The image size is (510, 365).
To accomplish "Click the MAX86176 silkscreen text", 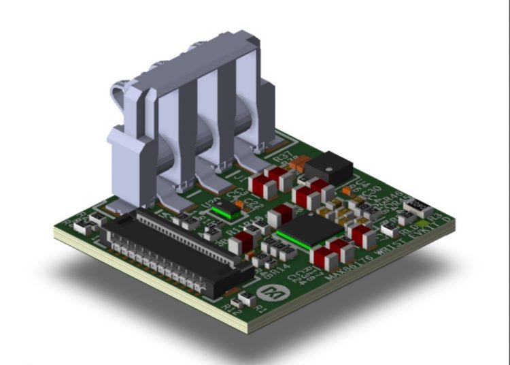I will (346, 267).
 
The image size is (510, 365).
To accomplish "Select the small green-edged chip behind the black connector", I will (224, 210).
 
